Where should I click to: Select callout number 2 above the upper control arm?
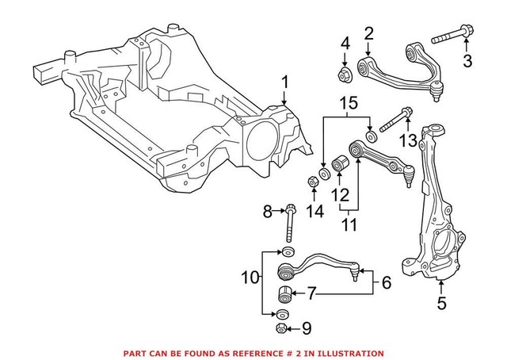(368, 33)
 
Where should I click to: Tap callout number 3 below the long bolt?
(467, 59)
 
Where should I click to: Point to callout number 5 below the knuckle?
(442, 302)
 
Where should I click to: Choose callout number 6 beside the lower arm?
(387, 282)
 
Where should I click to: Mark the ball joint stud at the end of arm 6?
(364, 277)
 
